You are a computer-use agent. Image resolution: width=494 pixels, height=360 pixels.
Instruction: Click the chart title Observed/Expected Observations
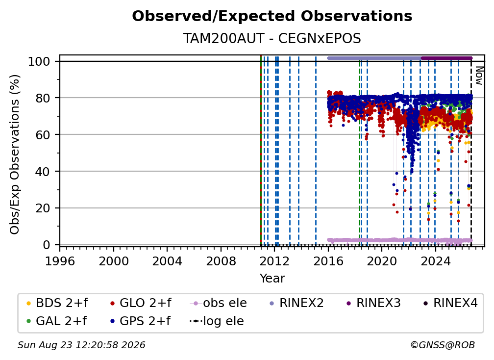point(272,16)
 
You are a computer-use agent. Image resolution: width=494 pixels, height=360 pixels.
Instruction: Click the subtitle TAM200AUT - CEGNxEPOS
point(272,39)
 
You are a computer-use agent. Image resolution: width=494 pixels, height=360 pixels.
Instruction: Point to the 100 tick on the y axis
point(39,61)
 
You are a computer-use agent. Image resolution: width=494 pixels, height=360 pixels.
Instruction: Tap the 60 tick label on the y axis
point(43,134)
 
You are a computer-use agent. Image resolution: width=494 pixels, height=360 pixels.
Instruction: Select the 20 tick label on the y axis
point(43,208)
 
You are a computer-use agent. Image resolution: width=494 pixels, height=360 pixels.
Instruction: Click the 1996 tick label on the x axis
point(60,261)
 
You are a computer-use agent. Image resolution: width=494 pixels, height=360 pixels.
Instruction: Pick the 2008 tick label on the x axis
point(221,261)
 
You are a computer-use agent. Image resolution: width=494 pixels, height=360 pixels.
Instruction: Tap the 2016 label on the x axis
point(328,261)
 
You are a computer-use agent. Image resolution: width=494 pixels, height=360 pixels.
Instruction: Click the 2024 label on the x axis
point(435,261)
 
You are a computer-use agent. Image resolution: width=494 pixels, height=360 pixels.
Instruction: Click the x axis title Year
point(272,279)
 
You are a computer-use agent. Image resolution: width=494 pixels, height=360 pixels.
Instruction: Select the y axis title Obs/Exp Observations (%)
point(15,154)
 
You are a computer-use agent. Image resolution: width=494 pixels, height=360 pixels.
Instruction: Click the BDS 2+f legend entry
point(57,303)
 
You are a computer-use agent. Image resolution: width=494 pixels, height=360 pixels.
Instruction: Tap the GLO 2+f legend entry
point(141,303)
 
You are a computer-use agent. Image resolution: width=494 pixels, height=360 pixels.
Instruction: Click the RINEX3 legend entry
point(373,303)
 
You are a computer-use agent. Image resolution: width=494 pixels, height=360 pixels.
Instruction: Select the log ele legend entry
point(217,321)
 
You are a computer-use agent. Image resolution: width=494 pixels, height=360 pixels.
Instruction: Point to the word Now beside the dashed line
point(479,76)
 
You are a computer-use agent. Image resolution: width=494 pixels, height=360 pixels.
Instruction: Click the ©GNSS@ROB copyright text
point(443,345)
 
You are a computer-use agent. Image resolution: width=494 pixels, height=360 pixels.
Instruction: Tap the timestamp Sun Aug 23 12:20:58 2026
point(81,345)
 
